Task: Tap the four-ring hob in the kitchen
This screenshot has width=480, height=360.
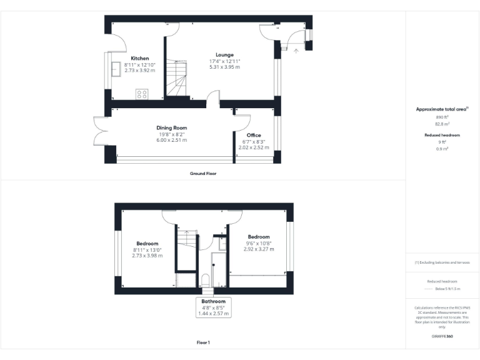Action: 142,94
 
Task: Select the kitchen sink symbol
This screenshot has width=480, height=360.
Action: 116,69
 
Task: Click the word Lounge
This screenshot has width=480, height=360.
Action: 224,55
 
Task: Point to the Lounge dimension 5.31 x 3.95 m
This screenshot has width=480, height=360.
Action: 224,66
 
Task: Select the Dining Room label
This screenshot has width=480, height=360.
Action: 172,128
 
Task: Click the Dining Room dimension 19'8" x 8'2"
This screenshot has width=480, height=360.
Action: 172,134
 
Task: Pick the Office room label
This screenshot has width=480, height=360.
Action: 254,136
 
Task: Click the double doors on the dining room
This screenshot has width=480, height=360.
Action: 100,130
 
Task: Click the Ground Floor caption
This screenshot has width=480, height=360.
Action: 203,173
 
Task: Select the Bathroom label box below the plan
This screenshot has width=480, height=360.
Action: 213,307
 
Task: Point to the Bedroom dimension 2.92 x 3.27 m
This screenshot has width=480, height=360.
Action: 259,249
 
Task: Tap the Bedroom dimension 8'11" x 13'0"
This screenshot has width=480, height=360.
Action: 147,249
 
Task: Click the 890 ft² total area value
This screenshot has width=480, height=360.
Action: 442,117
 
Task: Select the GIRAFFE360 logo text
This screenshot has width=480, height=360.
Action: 442,337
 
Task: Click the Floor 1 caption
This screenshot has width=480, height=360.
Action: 203,342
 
